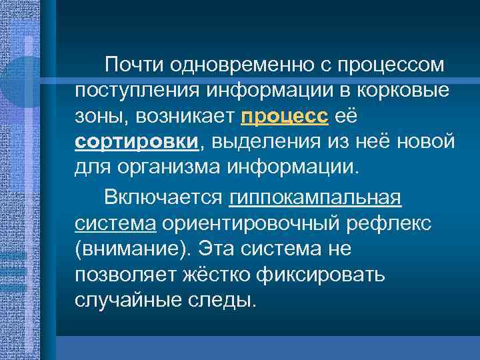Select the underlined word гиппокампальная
coord(315,197)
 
